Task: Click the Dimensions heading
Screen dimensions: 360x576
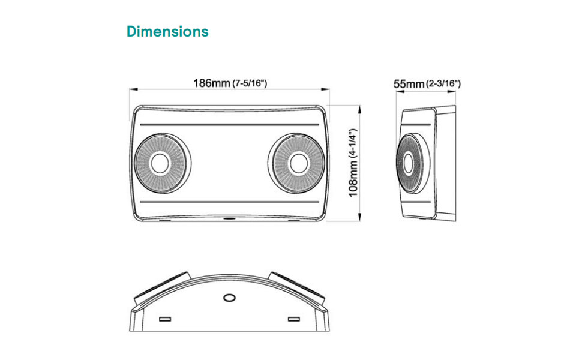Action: [x=167, y=31]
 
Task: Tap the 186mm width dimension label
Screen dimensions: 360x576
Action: [x=212, y=83]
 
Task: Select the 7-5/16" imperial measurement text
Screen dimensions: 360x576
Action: [x=250, y=83]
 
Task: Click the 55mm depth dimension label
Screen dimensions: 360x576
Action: [x=409, y=84]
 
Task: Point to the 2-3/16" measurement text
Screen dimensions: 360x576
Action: [x=443, y=84]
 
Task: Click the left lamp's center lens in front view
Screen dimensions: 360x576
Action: [x=160, y=163]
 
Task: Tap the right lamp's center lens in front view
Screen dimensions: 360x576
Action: [x=299, y=163]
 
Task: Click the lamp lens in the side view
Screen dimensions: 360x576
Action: [x=409, y=163]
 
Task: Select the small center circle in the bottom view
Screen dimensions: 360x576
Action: [x=229, y=298]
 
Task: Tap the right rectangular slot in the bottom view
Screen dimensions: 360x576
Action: [x=294, y=318]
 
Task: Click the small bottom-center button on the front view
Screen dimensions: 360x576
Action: [x=229, y=219]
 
